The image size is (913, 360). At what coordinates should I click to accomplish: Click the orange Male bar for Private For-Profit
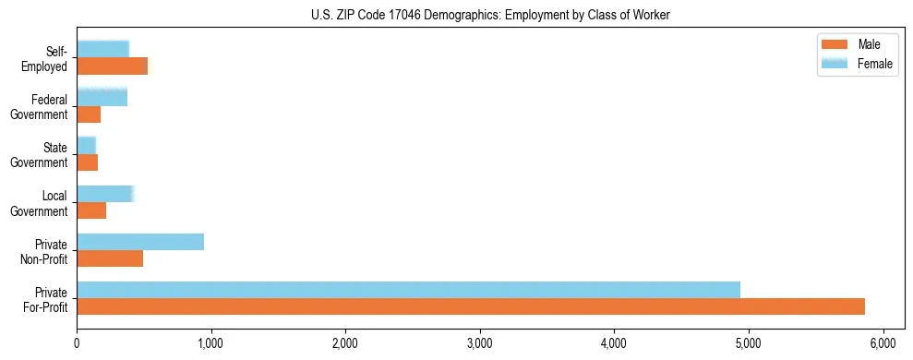(x=471, y=306)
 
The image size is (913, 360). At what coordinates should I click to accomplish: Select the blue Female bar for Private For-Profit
(x=408, y=290)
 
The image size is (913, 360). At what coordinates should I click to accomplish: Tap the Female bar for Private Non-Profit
(x=140, y=242)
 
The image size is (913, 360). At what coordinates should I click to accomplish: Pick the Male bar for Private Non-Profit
(x=110, y=258)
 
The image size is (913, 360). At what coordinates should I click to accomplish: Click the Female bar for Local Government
(x=105, y=194)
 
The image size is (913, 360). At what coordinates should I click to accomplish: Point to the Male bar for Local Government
(x=91, y=210)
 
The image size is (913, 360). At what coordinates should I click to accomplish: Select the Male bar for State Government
(x=88, y=162)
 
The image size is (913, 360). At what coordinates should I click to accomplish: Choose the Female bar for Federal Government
(x=102, y=98)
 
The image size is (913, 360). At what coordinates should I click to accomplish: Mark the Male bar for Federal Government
(x=89, y=114)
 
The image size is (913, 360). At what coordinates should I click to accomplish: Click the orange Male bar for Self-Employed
(x=112, y=66)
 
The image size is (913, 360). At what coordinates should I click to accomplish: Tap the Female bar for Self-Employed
(x=102, y=49)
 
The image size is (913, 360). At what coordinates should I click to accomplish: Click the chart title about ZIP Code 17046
(x=490, y=15)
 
